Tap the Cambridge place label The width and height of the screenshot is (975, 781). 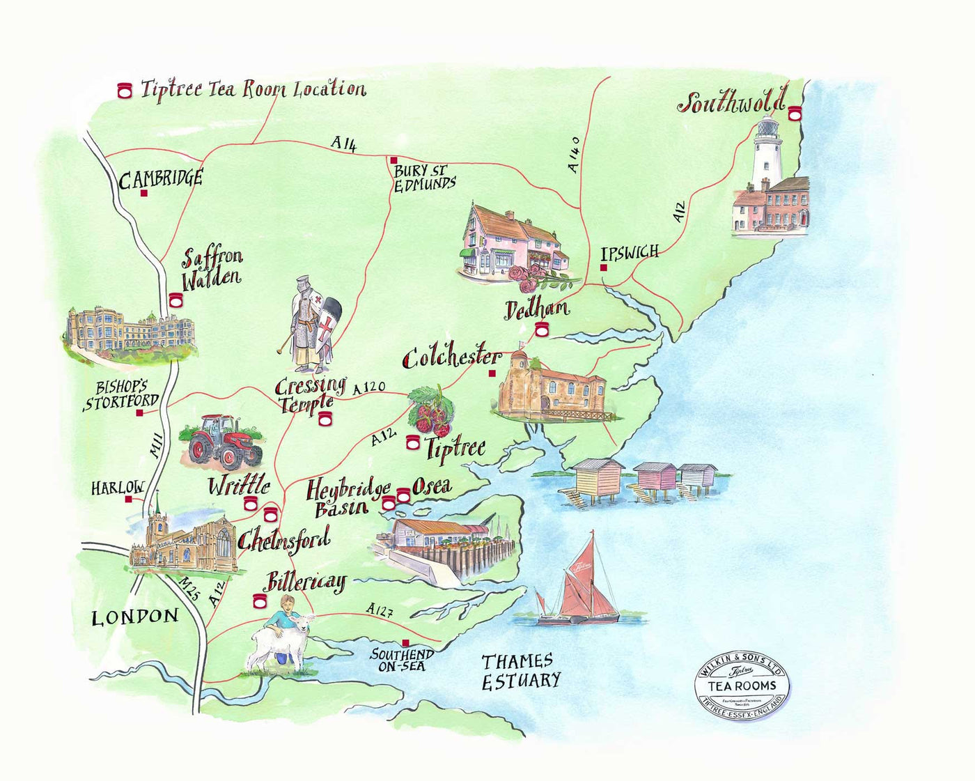(x=160, y=179)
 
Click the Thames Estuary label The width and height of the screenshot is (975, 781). (x=520, y=671)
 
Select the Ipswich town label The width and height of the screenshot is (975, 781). (x=629, y=253)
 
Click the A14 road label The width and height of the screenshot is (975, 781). (x=343, y=144)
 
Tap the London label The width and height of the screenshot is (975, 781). (x=135, y=617)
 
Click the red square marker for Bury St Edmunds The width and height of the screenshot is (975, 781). (x=393, y=160)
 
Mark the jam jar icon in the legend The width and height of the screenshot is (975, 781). (x=125, y=90)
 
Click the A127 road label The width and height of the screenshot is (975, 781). (x=380, y=611)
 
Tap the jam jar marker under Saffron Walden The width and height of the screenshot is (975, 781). (x=175, y=300)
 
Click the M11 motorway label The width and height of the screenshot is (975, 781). (x=156, y=445)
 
